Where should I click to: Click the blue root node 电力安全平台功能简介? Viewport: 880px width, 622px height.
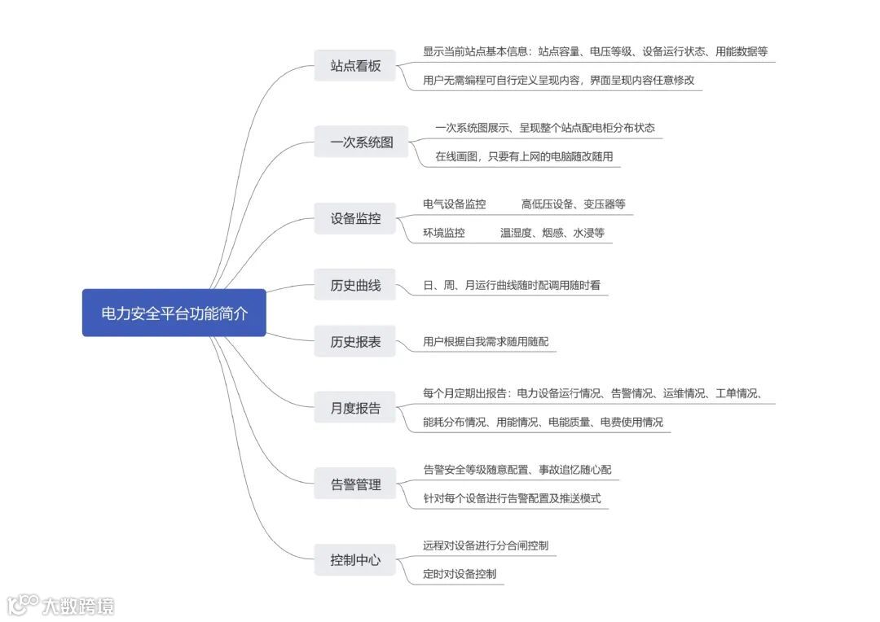point(174,313)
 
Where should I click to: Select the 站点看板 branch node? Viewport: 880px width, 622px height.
point(355,66)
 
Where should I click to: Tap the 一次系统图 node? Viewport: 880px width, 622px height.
point(361,142)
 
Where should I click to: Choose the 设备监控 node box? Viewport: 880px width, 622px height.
point(355,218)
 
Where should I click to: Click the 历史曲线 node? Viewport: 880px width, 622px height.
point(355,286)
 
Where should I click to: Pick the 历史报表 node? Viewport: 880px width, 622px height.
point(355,341)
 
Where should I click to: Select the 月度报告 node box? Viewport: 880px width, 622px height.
point(355,408)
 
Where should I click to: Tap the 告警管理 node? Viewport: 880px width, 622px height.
point(355,484)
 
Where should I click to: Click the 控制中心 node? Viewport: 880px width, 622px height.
point(355,560)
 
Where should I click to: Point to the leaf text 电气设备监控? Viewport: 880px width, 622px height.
point(454,204)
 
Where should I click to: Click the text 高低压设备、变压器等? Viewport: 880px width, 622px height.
point(573,204)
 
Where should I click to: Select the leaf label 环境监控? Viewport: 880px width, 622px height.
point(443,232)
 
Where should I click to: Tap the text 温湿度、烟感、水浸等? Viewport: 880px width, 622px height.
point(552,232)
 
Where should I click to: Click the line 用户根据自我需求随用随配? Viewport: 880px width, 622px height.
point(486,341)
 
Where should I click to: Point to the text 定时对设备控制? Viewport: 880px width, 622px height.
point(459,573)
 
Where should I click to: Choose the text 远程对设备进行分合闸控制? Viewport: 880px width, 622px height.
point(486,545)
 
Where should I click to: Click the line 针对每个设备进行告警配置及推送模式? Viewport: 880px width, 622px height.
point(512,497)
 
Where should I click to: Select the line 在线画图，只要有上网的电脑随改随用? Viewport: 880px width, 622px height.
point(523,155)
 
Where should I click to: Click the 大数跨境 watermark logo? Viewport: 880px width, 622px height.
point(60,605)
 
